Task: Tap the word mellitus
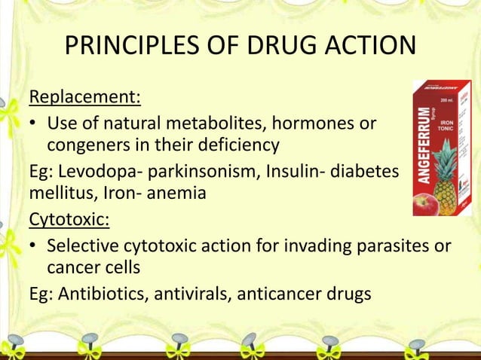tap(59, 195)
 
